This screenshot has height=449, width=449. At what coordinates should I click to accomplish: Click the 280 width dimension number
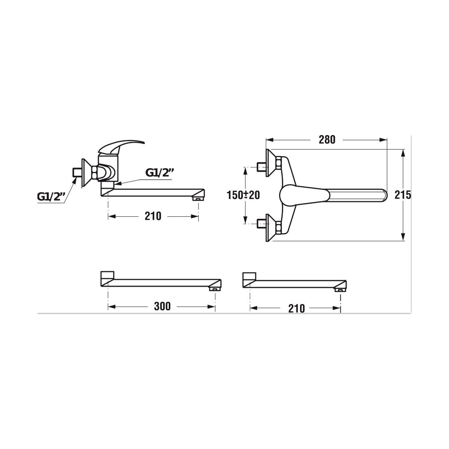[327, 140]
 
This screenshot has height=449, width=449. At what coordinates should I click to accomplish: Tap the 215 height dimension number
[403, 195]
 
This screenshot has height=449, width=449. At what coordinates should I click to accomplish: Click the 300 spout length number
[162, 306]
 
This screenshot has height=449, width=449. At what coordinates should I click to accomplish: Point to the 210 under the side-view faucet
[153, 216]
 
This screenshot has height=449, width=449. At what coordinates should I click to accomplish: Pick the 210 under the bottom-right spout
[296, 308]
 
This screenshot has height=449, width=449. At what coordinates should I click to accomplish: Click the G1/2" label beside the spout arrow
[160, 172]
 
